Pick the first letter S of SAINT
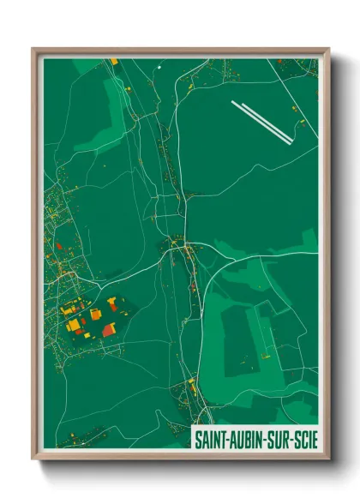(197, 437)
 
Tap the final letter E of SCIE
(315, 437)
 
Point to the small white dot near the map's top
(159, 65)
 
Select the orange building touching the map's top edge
(113, 62)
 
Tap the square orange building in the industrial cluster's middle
(95, 315)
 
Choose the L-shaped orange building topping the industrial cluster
(112, 302)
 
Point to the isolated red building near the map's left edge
(58, 246)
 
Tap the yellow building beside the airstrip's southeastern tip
(302, 123)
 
